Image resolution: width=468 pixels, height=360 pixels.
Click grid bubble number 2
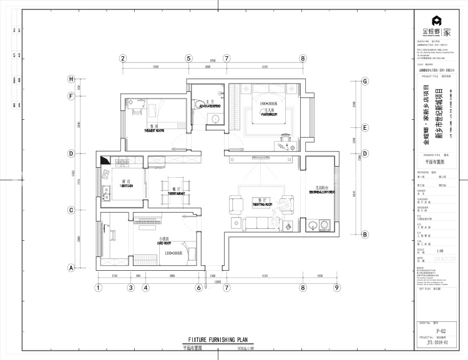(123, 59)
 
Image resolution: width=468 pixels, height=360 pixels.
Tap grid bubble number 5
(188, 59)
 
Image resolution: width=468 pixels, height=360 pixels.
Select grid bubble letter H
(71, 79)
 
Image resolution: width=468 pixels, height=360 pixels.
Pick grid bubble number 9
(336, 288)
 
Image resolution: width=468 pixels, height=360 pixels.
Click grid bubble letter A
(71, 268)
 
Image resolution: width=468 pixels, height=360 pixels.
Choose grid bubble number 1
(98, 288)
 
